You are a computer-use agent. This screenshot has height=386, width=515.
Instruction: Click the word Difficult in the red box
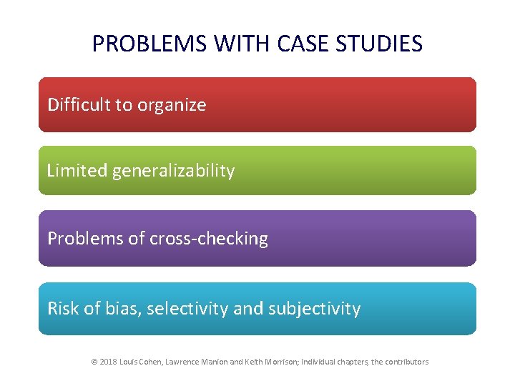pos(74,105)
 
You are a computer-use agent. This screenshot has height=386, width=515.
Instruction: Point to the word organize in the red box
pos(172,106)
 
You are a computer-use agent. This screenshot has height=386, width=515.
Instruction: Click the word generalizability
pos(173,172)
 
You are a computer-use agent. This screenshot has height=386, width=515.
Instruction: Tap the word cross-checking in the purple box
pos(208,239)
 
